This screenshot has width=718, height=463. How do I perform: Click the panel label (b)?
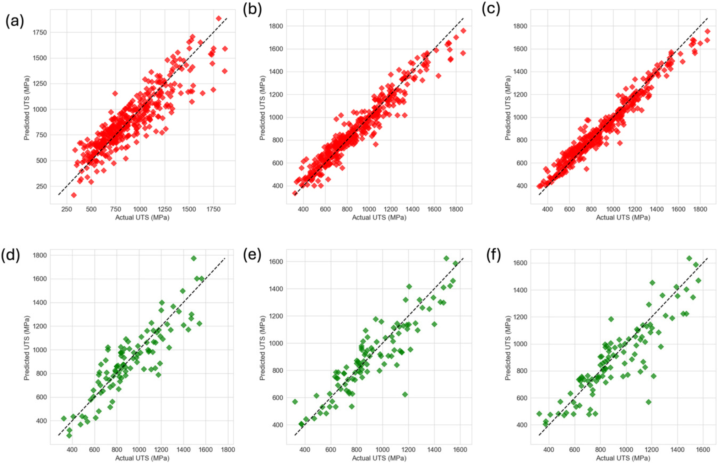252,10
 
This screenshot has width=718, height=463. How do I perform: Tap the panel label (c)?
491,10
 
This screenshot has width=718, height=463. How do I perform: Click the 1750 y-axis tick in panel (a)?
39,33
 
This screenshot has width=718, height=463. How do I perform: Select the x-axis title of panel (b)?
379,217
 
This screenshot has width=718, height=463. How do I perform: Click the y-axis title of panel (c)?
508,108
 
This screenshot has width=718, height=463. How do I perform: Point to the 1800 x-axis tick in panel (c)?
700,209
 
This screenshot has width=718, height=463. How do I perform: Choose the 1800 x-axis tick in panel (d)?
228,449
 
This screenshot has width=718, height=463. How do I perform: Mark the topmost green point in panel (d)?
194,258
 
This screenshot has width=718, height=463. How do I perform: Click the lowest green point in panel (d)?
69,435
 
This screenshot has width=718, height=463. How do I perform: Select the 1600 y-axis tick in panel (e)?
276,262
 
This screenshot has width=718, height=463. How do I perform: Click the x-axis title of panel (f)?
623,458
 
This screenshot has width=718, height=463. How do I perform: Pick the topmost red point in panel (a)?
219,18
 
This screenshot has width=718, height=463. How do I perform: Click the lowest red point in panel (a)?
74,195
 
